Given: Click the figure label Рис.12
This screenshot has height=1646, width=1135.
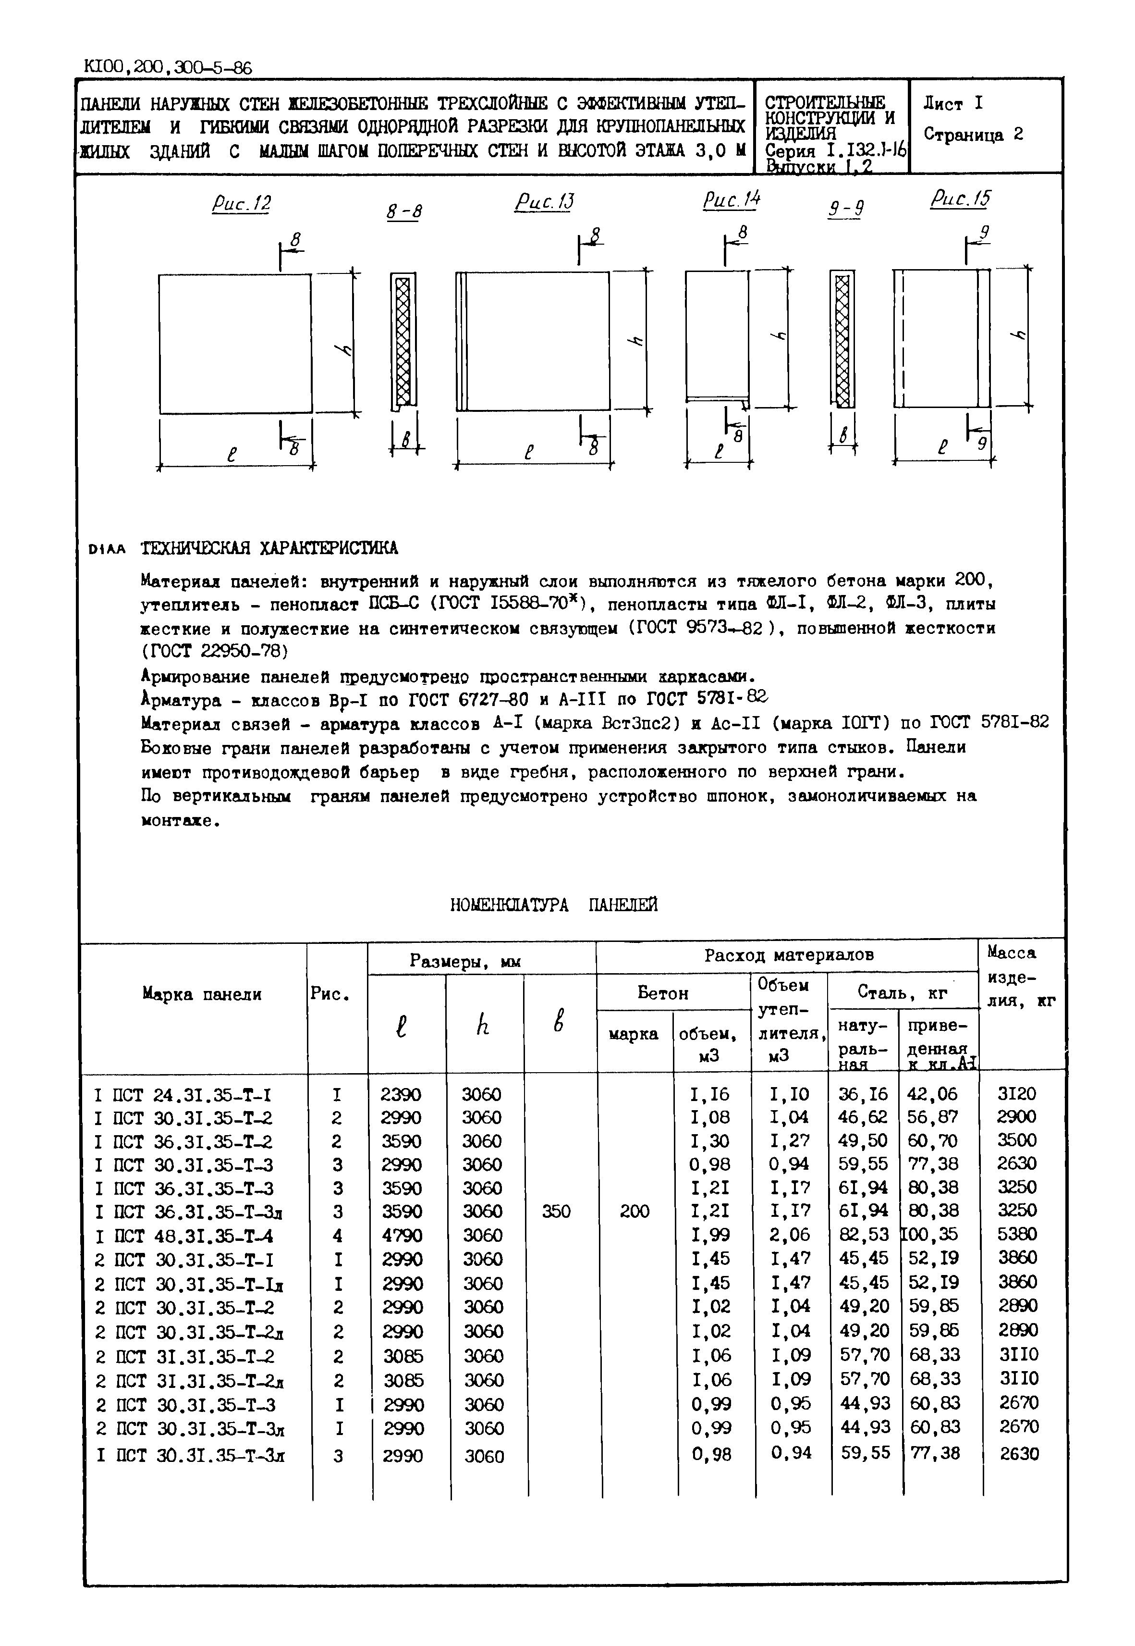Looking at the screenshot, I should pos(242,204).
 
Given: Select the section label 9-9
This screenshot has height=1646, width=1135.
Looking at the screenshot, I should pos(846,209).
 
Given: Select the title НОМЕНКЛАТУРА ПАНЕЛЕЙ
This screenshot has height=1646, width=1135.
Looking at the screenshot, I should pos(553,905).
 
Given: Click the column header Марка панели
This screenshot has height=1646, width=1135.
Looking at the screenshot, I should pos(202,994).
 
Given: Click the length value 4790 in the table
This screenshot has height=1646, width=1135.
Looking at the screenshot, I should pos(402,1235).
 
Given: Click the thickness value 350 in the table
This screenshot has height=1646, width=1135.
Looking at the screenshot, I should pos(556,1212).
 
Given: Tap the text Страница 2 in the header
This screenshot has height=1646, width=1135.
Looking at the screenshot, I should pos(973,135).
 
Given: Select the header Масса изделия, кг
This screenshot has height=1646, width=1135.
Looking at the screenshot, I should pos(1020,977).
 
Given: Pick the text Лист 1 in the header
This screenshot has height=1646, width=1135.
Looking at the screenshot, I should pos(953,104).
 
